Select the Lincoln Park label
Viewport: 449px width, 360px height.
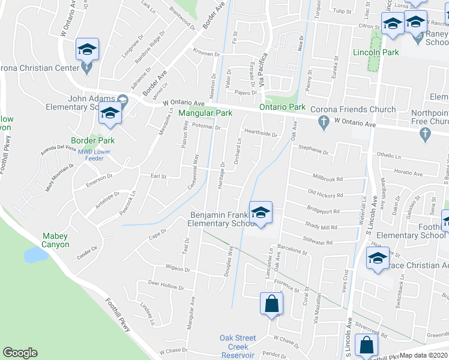376,53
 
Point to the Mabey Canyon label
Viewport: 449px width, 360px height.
55,241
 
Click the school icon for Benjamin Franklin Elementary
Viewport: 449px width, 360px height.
261,213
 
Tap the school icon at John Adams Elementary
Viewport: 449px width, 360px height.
110,113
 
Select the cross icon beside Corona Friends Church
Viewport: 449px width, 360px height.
324,123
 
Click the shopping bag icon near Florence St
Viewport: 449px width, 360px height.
271,304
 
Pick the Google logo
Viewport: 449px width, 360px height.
20,353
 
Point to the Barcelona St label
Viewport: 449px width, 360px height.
292,253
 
